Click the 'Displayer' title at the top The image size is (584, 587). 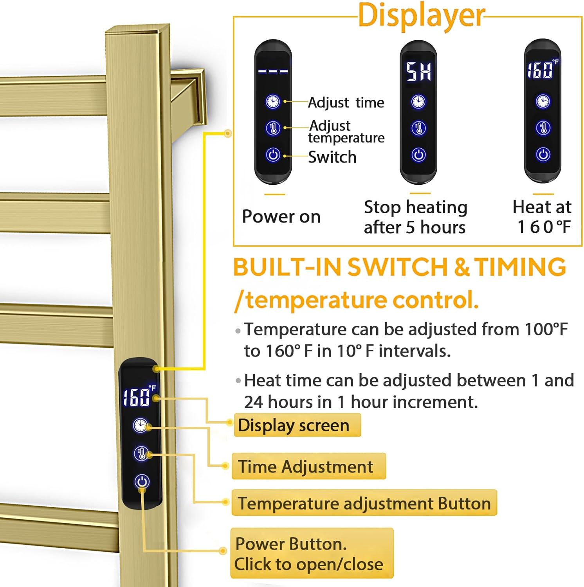tap(421, 16)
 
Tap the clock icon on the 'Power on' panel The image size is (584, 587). tap(273, 102)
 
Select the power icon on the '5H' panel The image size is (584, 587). tap(418, 155)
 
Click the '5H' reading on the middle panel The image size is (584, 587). tap(418, 72)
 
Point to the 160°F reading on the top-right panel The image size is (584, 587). tap(542, 70)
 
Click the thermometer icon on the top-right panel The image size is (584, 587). tap(543, 128)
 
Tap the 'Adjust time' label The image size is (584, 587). tap(346, 103)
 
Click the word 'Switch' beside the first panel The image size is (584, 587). tap(332, 157)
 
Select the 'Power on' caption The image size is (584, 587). tap(281, 216)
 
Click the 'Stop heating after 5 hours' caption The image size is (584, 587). tap(415, 217)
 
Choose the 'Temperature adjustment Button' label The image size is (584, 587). tap(364, 503)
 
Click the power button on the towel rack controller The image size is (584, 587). tap(142, 481)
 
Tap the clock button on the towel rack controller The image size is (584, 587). tap(140, 425)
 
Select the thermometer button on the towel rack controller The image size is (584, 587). tap(141, 453)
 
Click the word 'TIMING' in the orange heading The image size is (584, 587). tap(520, 267)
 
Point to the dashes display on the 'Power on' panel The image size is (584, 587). tap(273, 72)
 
